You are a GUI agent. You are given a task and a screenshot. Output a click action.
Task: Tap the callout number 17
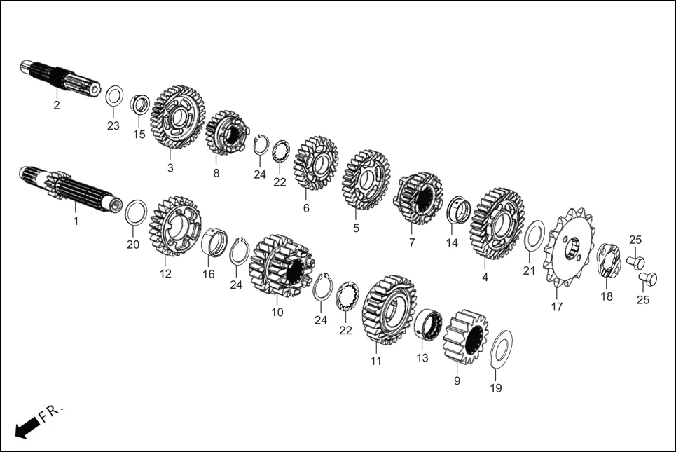(557, 306)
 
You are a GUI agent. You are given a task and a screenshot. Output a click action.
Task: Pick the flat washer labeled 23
(114, 95)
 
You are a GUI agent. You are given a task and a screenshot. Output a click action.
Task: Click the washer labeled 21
(534, 235)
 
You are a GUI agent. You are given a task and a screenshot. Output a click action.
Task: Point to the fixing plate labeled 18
(606, 259)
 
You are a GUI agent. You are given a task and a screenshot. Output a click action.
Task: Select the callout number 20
(133, 245)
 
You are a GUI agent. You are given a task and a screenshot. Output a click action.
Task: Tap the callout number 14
(453, 243)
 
